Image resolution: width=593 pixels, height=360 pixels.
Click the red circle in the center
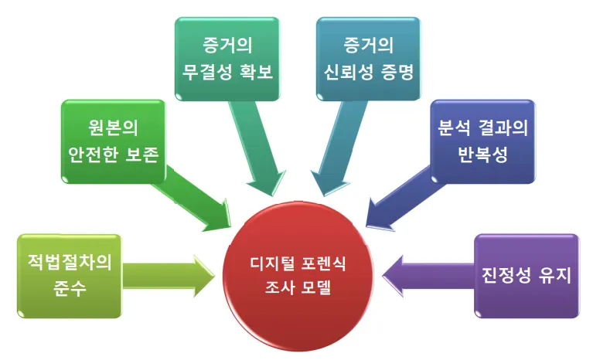pyautogui.click(x=296, y=274)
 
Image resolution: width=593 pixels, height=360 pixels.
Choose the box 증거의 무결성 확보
pyautogui.click(x=227, y=56)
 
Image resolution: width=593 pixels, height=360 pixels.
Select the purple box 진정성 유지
pyautogui.click(x=526, y=276)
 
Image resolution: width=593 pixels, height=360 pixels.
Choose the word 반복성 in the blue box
pyautogui.click(x=482, y=152)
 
